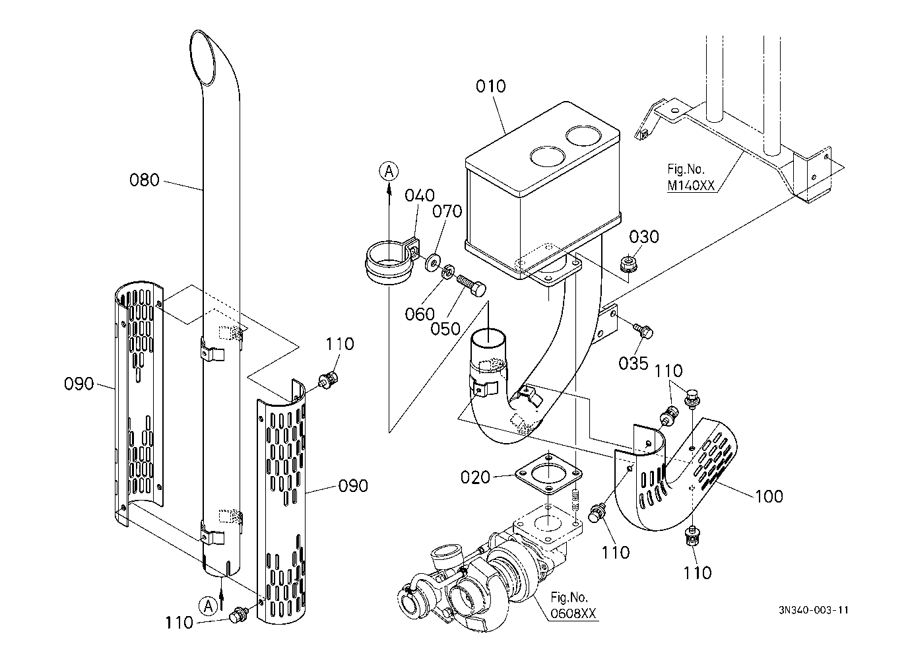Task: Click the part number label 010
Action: click(491, 87)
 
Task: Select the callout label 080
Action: click(145, 179)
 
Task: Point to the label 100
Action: click(769, 496)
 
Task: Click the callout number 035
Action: click(634, 363)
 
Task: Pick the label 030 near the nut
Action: click(643, 236)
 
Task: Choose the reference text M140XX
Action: click(690, 186)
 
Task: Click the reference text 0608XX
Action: click(573, 614)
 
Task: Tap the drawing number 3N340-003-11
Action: click(813, 609)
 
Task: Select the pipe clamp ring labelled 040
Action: click(390, 265)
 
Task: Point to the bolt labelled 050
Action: click(471, 285)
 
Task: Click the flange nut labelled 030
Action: click(630, 265)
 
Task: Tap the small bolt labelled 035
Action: click(644, 330)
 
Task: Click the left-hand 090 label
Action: click(79, 383)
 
